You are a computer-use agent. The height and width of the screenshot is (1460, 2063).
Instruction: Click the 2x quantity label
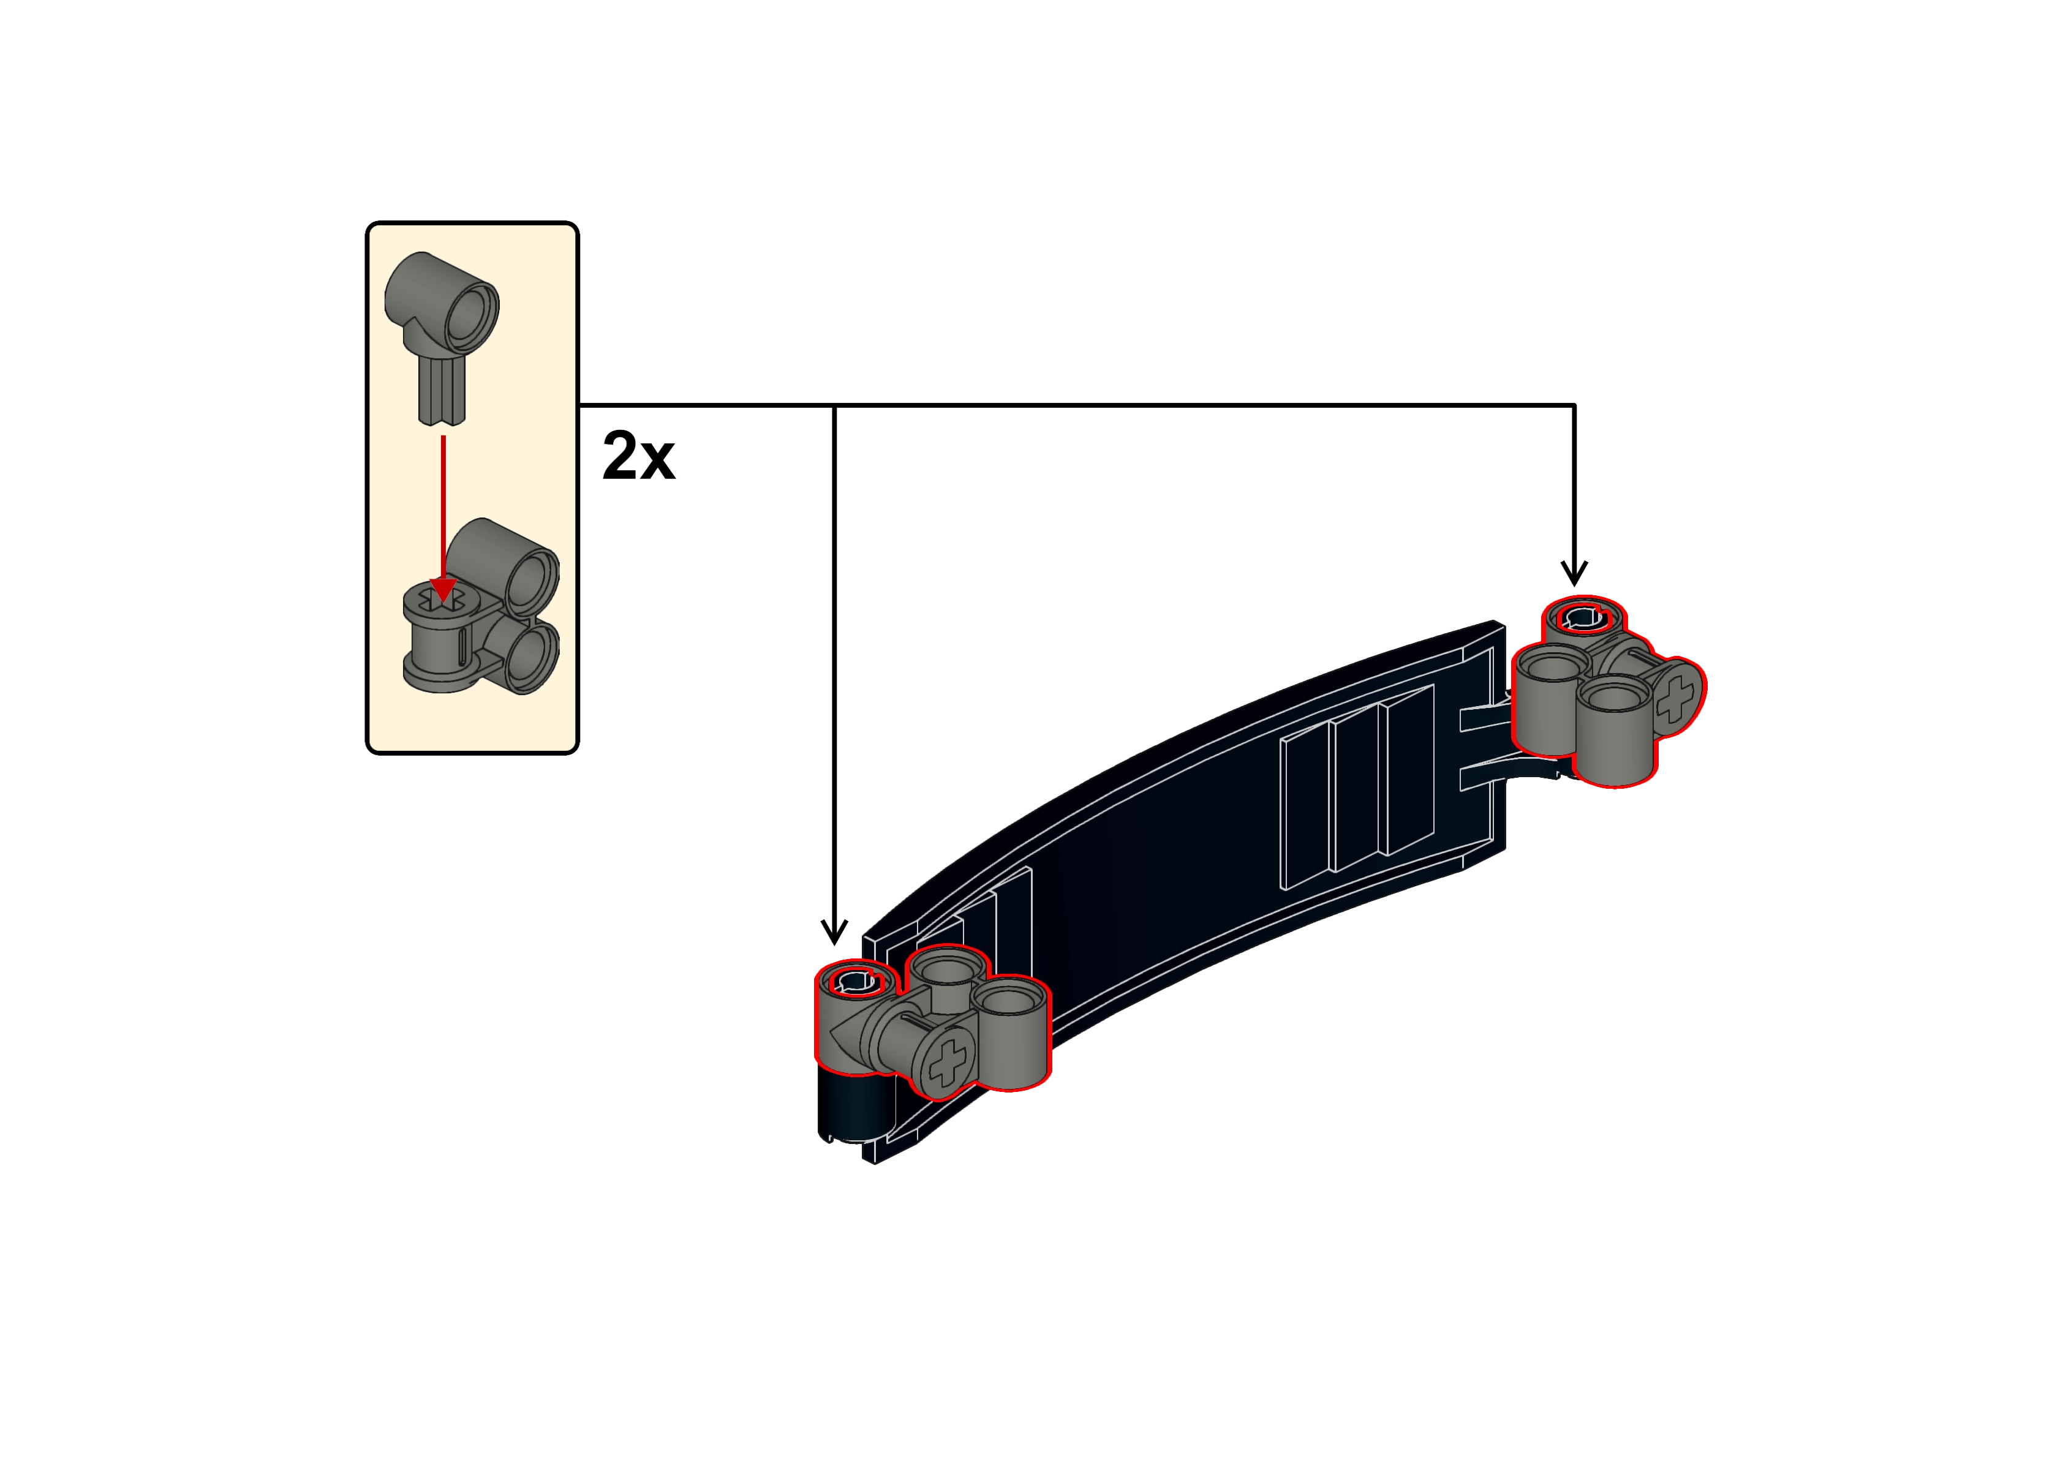[x=638, y=457]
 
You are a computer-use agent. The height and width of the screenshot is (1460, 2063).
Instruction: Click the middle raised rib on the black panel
[x=1356, y=791]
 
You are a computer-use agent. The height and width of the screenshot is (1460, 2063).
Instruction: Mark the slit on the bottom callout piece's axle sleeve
[x=461, y=649]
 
